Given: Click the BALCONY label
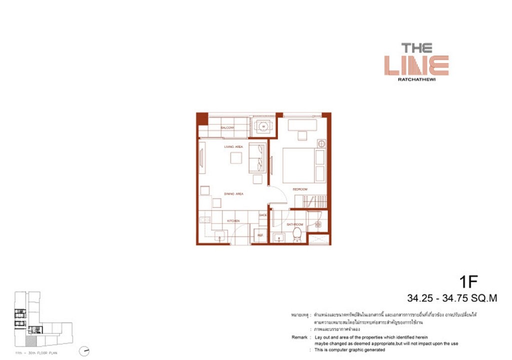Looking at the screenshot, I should click(x=228, y=128).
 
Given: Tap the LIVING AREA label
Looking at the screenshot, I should click(x=233, y=146).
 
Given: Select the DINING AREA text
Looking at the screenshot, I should click(x=233, y=193).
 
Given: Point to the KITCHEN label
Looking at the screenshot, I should click(x=233, y=220).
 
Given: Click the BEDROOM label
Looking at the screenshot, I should click(x=300, y=189).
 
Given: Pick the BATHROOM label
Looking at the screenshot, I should click(x=294, y=225).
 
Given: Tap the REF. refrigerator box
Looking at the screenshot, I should click(x=260, y=234).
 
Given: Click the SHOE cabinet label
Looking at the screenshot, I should click(x=263, y=215).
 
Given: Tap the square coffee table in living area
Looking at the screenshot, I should click(x=236, y=158).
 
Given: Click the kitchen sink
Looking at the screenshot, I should click(x=218, y=236).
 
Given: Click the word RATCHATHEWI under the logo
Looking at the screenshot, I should click(x=416, y=78).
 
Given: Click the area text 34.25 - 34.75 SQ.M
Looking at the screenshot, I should click(x=452, y=299).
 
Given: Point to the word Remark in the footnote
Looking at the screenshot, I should click(x=299, y=337).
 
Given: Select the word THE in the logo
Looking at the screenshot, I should click(x=416, y=48).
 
